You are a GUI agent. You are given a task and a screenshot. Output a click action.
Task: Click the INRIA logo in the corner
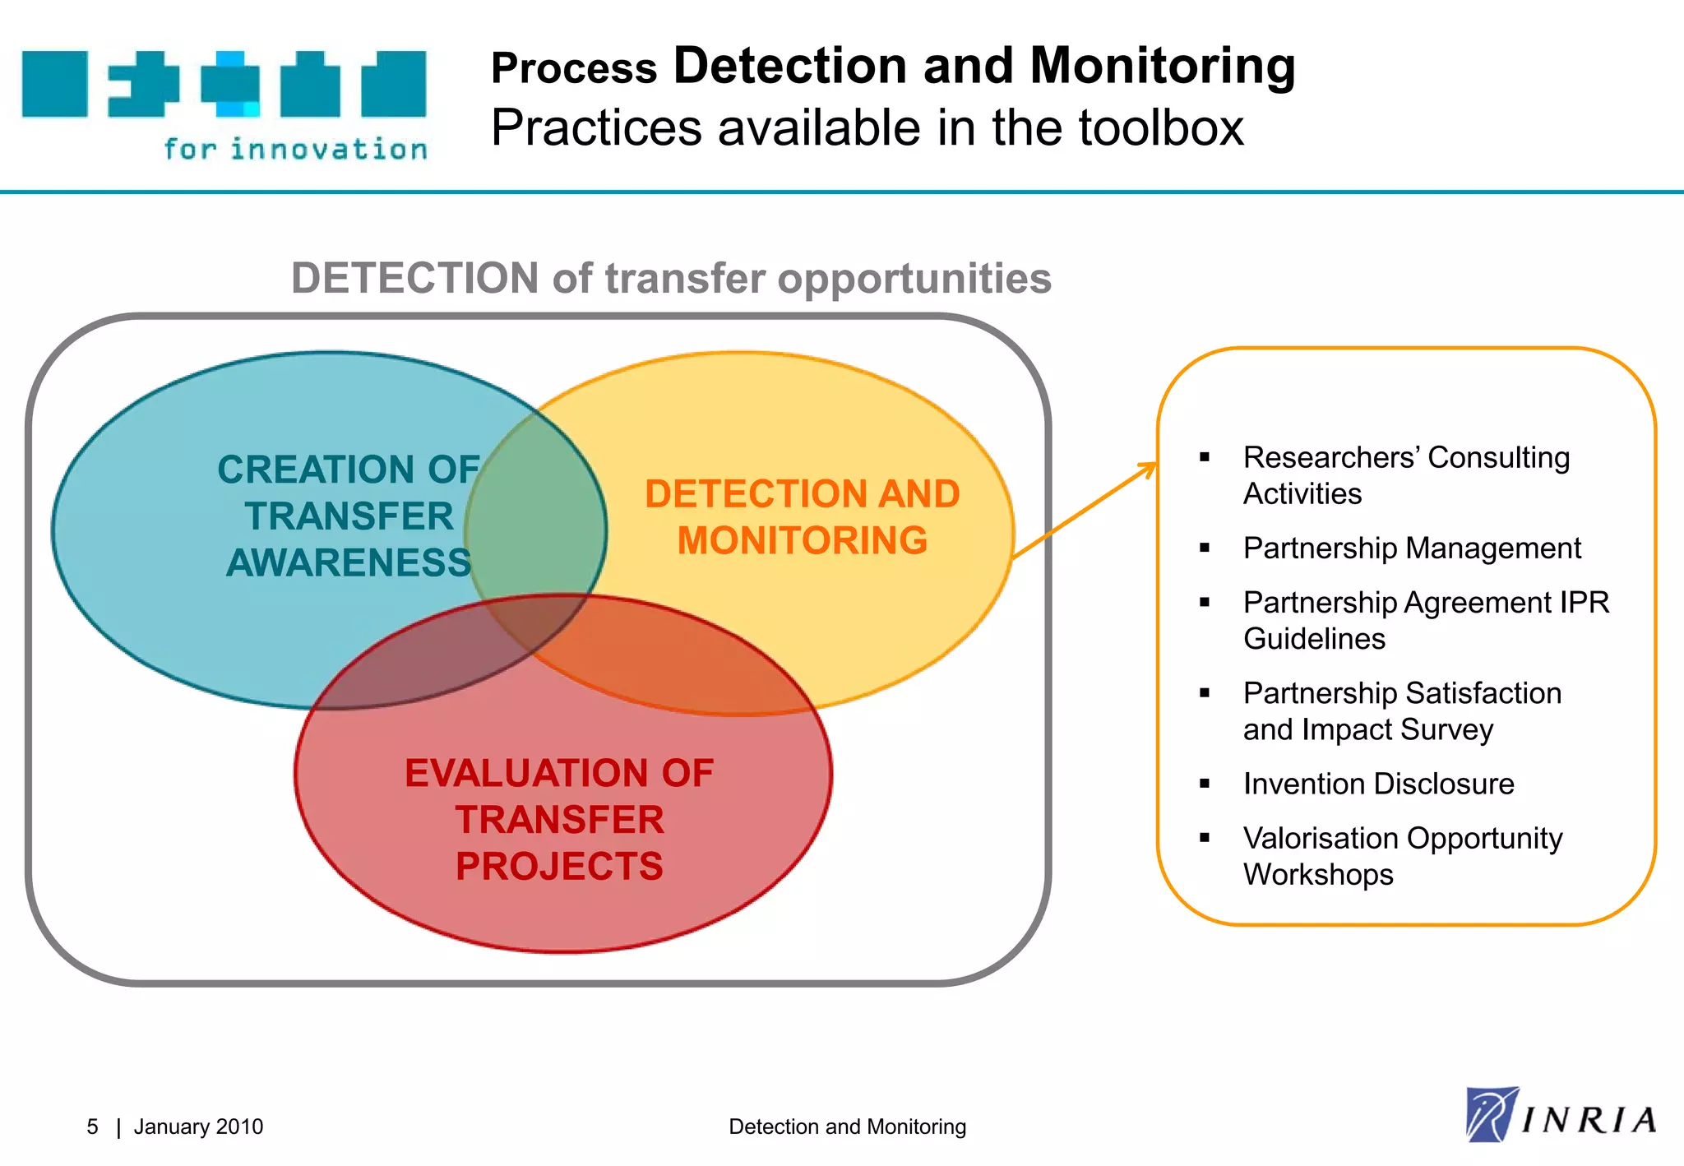1560,1115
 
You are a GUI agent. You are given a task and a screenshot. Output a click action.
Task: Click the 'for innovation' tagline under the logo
295,150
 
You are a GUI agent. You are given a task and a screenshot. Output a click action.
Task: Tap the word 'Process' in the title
574,68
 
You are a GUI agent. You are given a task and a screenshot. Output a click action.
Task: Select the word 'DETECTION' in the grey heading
414,278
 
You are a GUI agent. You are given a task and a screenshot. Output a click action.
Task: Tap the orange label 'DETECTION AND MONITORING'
802,517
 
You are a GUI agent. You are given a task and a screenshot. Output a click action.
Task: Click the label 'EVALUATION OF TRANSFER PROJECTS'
559,819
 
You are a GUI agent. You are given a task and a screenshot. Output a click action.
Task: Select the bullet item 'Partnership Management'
1411,548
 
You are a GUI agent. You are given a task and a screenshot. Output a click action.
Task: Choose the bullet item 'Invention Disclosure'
1378,784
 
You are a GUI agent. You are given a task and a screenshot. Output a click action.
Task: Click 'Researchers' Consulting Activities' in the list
1405,475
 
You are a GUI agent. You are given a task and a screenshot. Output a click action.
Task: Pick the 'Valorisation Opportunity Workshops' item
1402,856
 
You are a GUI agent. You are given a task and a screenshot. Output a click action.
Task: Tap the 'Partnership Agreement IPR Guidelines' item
1425,620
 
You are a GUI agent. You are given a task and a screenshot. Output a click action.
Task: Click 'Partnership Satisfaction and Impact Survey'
1401,711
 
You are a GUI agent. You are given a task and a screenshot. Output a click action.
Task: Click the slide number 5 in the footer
92,1127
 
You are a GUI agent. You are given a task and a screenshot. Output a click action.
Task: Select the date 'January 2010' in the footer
198,1127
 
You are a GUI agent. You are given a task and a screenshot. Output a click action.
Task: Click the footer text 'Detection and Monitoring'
847,1127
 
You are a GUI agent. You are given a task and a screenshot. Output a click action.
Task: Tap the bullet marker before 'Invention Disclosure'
1205,784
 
